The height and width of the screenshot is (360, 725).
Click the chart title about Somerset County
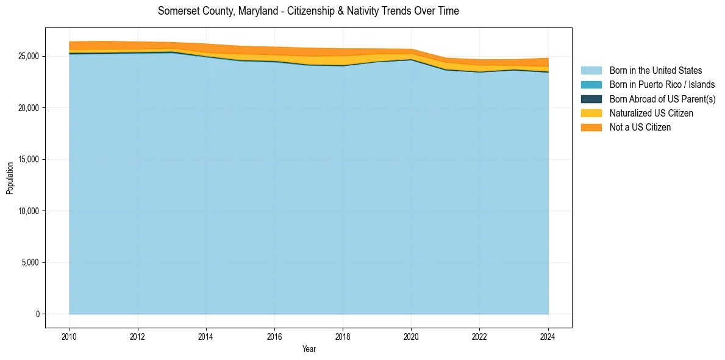click(308, 11)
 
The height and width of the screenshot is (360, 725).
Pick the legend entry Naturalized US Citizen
click(651, 113)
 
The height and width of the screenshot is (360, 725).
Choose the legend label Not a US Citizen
click(640, 128)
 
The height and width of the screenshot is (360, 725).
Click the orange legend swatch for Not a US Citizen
click(591, 128)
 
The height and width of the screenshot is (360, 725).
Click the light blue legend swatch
click(591, 71)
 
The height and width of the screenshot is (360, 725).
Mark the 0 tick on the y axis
click(37, 314)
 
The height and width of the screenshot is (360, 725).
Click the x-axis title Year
click(309, 349)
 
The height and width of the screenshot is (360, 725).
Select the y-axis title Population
click(10, 178)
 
